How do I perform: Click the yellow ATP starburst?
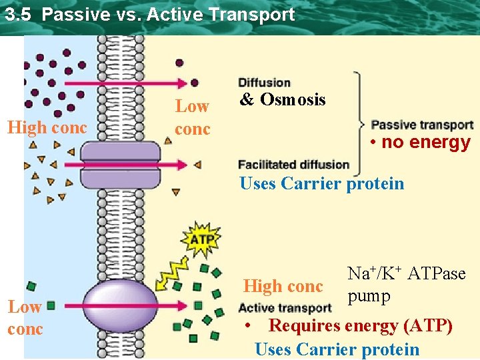pyautogui.click(x=201, y=239)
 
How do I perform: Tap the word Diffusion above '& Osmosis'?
pyautogui.click(x=264, y=83)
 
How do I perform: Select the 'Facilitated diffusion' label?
pyautogui.click(x=293, y=165)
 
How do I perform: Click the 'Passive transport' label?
pyautogui.click(x=422, y=125)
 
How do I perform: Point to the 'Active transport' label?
pyautogui.click(x=285, y=308)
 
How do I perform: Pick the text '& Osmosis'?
pyautogui.click(x=283, y=100)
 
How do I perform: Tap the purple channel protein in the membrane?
pyautogui.click(x=120, y=164)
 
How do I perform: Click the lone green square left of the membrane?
pyautogui.click(x=51, y=307)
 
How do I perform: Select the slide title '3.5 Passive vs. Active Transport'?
pyautogui.click(x=149, y=14)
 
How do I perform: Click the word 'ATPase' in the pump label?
pyautogui.click(x=436, y=273)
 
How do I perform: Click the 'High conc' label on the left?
pyautogui.click(x=47, y=127)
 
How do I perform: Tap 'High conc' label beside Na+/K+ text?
pyautogui.click(x=283, y=287)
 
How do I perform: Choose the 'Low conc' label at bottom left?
pyautogui.click(x=25, y=317)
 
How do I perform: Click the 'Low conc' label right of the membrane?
pyautogui.click(x=192, y=117)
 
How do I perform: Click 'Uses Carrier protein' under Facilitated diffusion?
pyautogui.click(x=321, y=183)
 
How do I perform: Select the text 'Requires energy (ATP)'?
pyautogui.click(x=360, y=327)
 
